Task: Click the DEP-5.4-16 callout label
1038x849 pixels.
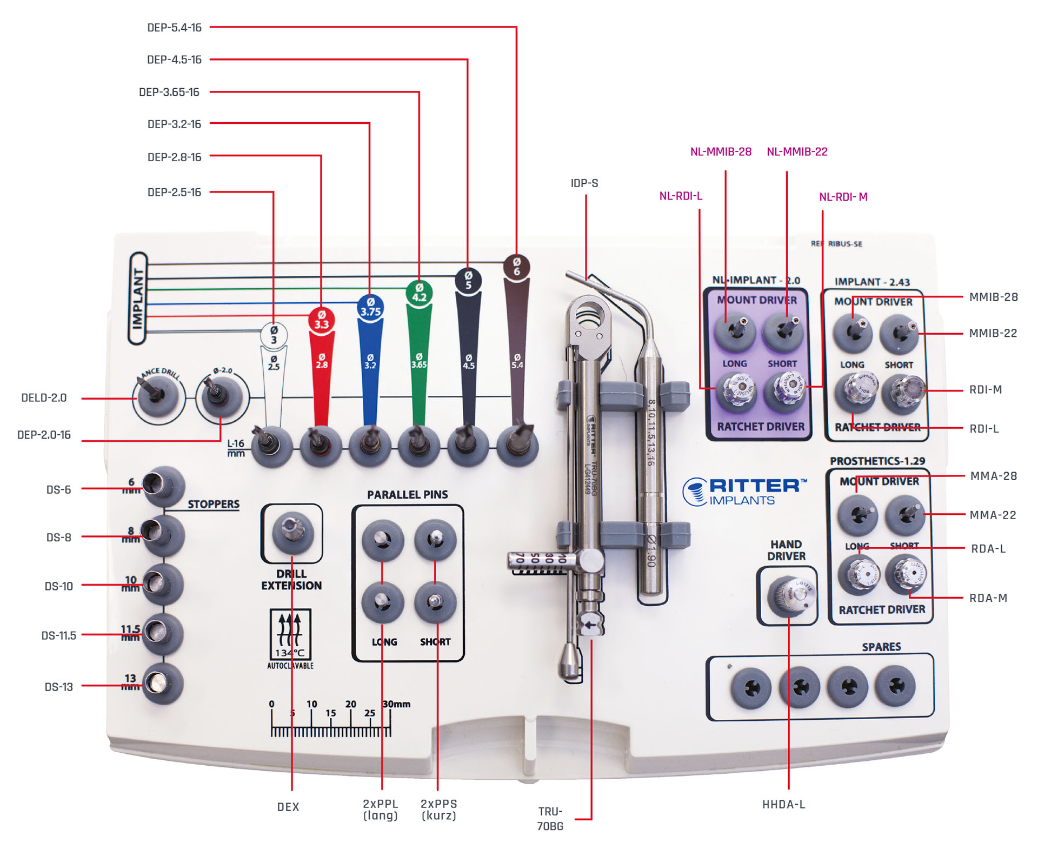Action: [174, 28]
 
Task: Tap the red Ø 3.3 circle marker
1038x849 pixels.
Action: [322, 320]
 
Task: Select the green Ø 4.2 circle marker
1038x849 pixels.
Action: [419, 292]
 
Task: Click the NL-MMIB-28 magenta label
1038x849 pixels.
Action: [721, 152]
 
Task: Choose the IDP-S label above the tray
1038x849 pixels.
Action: [584, 183]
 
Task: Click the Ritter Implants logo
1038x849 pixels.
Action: [744, 491]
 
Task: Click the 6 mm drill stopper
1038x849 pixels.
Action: [162, 485]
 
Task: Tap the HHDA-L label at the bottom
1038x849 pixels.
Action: [783, 805]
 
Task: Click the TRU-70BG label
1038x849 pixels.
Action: [550, 819]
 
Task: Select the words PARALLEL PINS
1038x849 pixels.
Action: [407, 495]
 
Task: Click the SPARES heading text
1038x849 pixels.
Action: [881, 647]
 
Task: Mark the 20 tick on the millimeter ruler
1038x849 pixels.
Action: [351, 705]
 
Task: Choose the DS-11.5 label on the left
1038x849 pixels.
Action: [59, 635]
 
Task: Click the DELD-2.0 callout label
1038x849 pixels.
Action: [44, 398]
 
